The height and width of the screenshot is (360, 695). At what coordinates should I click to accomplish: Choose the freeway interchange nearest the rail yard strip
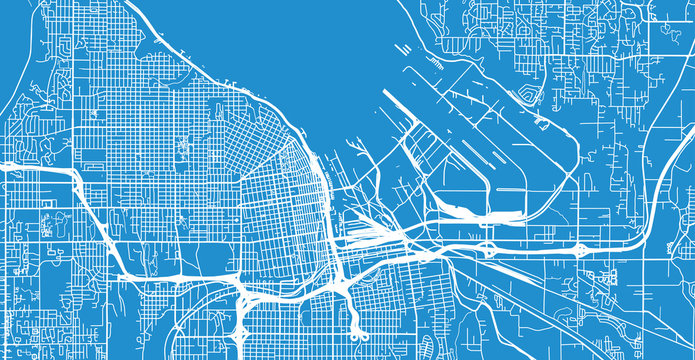(x=489, y=246)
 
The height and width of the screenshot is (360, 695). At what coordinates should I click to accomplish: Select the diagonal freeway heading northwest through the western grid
(x=90, y=220)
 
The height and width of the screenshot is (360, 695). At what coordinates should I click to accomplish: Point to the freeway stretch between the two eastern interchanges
(x=535, y=250)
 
